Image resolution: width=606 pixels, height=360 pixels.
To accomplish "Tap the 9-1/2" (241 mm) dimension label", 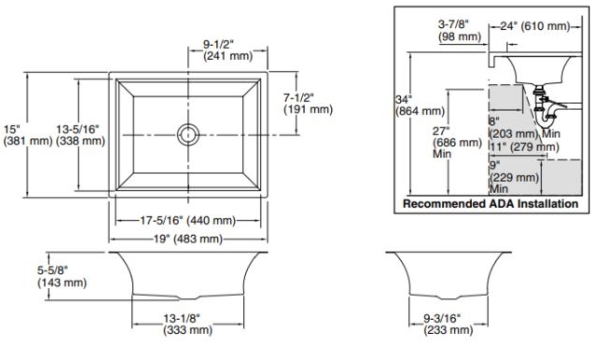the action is pos(228,50).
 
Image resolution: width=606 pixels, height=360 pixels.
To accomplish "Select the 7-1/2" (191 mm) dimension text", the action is pos(308,104).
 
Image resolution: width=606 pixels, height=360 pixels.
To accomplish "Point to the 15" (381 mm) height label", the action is pos(27,134).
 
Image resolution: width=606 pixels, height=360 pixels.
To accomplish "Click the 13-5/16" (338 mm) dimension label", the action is pos(80,134).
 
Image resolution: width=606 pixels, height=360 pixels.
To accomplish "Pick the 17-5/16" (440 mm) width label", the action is pos(187,220).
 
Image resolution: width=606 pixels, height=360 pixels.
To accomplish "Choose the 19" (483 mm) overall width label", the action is pos(188,239).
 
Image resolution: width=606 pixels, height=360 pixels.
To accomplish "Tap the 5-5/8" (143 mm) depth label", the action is pos(62,276).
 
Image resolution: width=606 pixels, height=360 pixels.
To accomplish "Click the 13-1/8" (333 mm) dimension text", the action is pos(187,324).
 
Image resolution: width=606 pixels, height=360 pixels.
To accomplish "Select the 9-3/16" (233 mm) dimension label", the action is pos(448,324).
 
